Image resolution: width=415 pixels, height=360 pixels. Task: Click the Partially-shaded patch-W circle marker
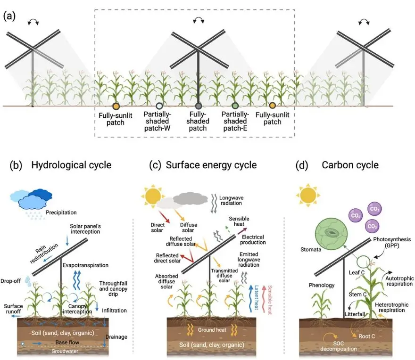click(159, 106)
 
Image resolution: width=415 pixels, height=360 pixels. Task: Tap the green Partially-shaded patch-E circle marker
click(235, 106)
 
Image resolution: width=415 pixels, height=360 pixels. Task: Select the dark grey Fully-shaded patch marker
click(199, 106)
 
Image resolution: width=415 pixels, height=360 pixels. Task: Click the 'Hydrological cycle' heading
click(71, 165)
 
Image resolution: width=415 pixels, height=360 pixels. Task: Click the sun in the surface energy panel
click(154, 195)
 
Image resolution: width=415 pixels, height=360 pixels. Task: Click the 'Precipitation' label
click(61, 213)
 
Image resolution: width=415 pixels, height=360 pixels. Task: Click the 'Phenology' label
click(322, 285)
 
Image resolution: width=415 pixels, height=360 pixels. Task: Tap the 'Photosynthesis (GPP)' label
click(387, 244)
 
